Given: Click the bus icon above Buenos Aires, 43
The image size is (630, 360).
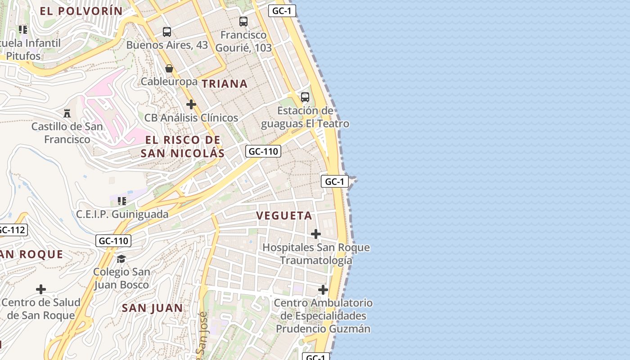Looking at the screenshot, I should (x=167, y=32).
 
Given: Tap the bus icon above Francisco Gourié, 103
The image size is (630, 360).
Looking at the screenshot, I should (x=243, y=21).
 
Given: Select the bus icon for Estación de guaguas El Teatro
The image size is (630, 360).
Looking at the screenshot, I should (x=305, y=97).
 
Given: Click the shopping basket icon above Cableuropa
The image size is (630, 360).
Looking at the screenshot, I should (x=169, y=68).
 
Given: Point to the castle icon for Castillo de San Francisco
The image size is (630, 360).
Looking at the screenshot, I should (x=67, y=113).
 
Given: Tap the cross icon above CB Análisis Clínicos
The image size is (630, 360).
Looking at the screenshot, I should (x=191, y=104).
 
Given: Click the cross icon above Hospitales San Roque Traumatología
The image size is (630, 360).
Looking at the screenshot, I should (x=316, y=234).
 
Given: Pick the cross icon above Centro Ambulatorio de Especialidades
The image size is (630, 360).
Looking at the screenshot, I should (x=323, y=289).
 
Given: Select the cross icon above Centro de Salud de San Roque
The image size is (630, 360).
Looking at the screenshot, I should (x=41, y=289).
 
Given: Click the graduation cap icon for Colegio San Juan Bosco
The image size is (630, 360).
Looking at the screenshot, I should (x=121, y=259).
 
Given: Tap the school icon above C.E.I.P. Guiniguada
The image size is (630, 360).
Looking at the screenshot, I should (x=122, y=201).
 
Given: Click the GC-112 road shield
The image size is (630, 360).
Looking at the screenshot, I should (x=12, y=230).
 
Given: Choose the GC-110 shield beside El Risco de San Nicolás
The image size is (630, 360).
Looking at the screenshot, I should (x=263, y=151).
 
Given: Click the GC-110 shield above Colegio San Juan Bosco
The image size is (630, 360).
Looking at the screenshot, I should (x=113, y=241).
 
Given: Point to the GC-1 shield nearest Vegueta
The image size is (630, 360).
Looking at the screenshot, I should (x=335, y=181).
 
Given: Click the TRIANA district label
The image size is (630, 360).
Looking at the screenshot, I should (x=225, y=84).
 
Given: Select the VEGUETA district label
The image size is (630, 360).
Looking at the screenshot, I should (x=284, y=216).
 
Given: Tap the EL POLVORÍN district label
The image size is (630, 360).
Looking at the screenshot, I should (x=81, y=11).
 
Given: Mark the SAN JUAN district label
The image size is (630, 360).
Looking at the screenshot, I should (x=153, y=308).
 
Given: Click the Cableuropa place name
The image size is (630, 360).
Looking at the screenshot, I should (x=169, y=81).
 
